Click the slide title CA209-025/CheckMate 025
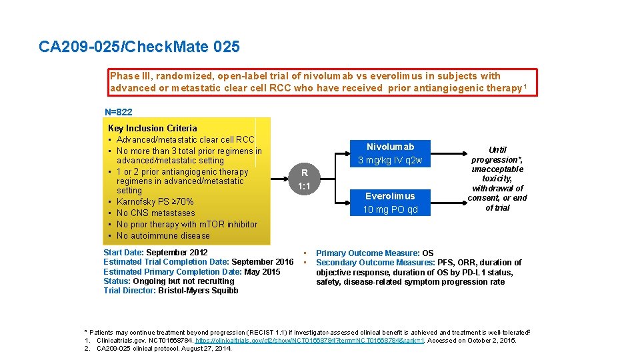point(139,47)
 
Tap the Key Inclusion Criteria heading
point(152,128)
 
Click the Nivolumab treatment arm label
point(390,147)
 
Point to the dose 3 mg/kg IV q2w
point(390,161)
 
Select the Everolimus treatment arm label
point(390,196)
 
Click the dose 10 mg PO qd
point(390,210)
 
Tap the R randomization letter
point(304,173)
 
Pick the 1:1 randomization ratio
point(304,187)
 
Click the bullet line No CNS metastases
point(155,213)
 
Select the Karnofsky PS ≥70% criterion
point(155,202)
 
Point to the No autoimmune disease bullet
point(163,236)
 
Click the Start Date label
point(123,253)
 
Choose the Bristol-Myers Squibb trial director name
point(198,291)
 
